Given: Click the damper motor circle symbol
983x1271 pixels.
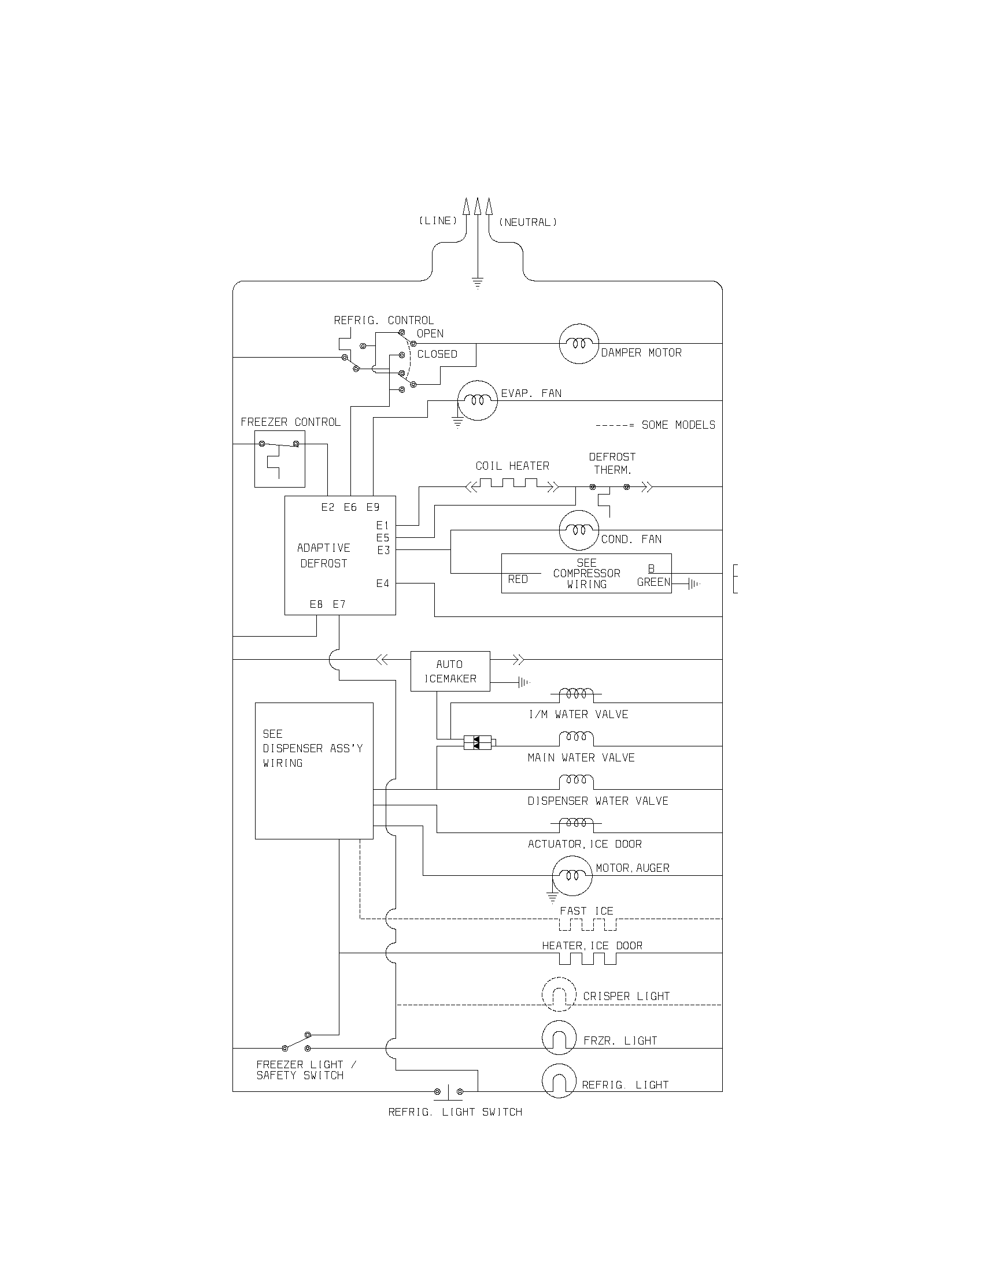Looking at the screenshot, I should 579,344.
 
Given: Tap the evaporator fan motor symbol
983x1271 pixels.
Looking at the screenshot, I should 477,401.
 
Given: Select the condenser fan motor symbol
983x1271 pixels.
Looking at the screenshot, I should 579,530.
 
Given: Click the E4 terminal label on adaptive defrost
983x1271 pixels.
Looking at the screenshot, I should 383,584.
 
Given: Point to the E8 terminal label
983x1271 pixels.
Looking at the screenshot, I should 316,605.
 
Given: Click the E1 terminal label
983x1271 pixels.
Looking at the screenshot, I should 383,526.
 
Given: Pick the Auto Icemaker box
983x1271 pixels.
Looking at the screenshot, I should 450,671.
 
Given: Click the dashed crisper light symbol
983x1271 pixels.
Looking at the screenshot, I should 559,995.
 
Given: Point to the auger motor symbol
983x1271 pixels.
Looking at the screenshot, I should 572,875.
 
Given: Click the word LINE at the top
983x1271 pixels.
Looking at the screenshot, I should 438,221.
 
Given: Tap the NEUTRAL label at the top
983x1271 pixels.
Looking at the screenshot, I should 527,222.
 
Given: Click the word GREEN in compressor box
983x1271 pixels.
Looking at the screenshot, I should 653,582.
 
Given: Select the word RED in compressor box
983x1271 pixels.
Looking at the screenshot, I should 518,579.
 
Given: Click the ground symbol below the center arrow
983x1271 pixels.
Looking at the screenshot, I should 478,284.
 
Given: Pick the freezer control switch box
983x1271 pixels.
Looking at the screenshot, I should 279,459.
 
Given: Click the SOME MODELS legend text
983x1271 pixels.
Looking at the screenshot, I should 678,425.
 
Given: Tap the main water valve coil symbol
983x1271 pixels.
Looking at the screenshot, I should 576,738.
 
